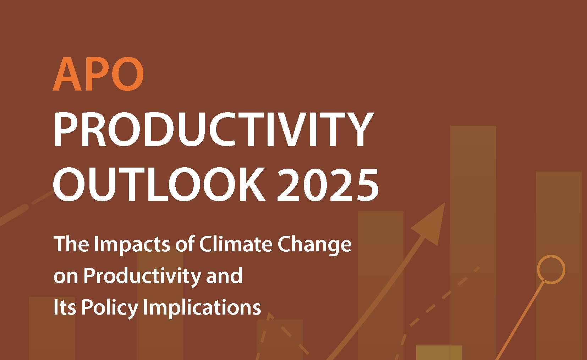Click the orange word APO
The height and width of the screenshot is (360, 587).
98,74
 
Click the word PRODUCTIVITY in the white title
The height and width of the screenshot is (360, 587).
213,129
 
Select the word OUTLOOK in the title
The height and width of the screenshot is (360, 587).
159,184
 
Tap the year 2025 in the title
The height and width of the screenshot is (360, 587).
328,184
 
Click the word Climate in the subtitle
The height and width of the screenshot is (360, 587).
236,244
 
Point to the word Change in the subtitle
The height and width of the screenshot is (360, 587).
314,245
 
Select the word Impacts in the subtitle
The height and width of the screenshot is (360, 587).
132,245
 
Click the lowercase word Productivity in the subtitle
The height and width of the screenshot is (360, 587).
142,277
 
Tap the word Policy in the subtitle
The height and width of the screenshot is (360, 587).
110,308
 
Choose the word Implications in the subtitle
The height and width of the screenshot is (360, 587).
202,308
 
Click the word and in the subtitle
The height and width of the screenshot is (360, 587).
224,276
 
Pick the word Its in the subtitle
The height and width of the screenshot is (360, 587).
65,307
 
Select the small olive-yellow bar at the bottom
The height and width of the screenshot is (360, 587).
439,353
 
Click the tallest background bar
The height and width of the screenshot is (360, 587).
473,243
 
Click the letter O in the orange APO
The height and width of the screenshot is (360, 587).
128,74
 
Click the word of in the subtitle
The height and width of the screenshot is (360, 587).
185,244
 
